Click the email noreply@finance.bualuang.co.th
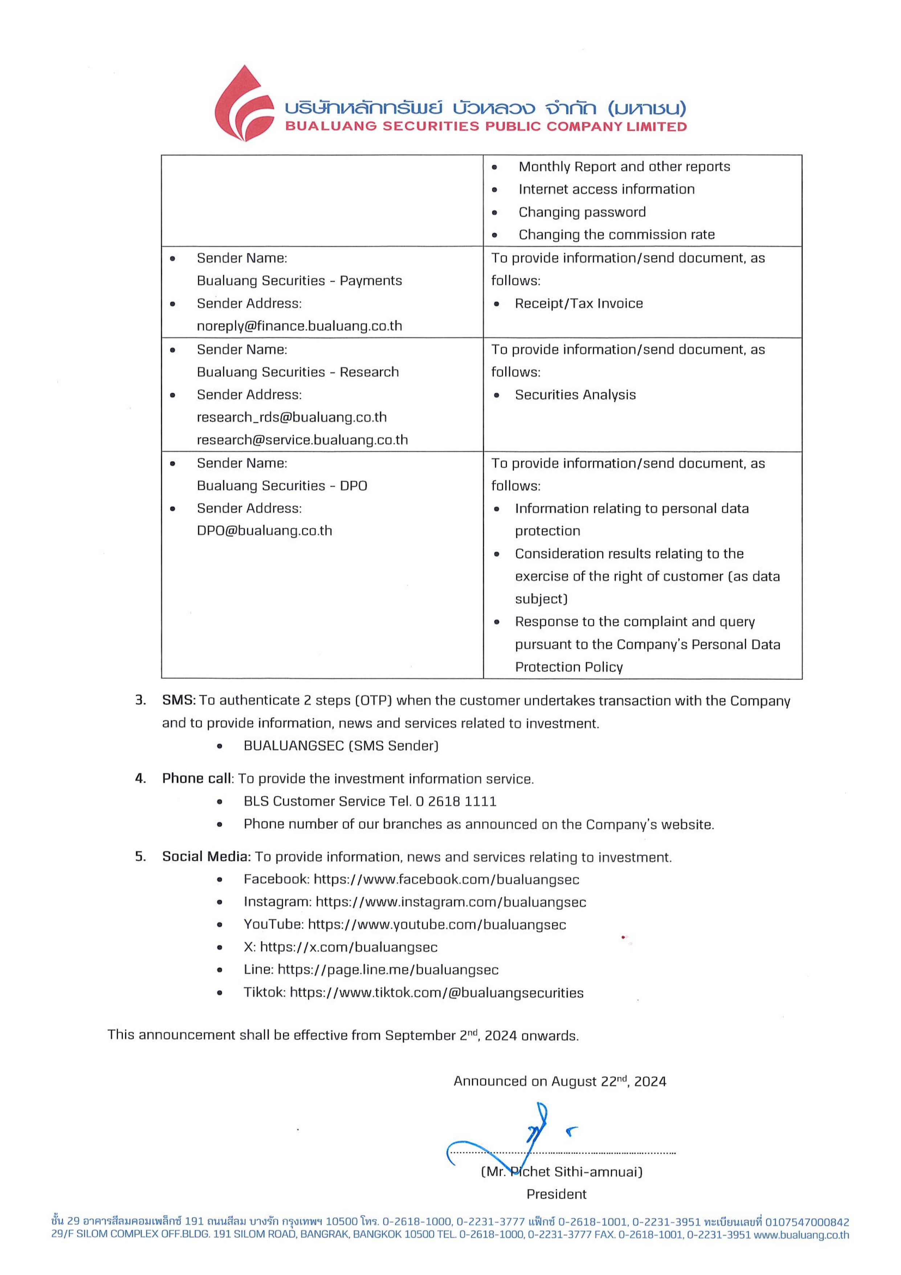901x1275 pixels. pyautogui.click(x=299, y=326)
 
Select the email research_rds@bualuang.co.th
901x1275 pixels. pyautogui.click(x=291, y=417)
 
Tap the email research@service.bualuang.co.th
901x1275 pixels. pyautogui.click(x=302, y=440)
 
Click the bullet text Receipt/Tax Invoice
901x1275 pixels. pyautogui.click(x=578, y=304)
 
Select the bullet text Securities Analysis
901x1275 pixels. pyautogui.click(x=575, y=395)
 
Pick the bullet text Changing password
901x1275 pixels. pyautogui.click(x=582, y=212)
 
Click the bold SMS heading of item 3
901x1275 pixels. pyautogui.click(x=179, y=700)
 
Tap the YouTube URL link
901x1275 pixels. pyautogui.click(x=437, y=925)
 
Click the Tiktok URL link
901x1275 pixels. pyautogui.click(x=436, y=993)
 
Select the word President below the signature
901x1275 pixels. pyautogui.click(x=556, y=1194)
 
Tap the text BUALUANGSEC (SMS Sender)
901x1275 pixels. pyautogui.click(x=341, y=746)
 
